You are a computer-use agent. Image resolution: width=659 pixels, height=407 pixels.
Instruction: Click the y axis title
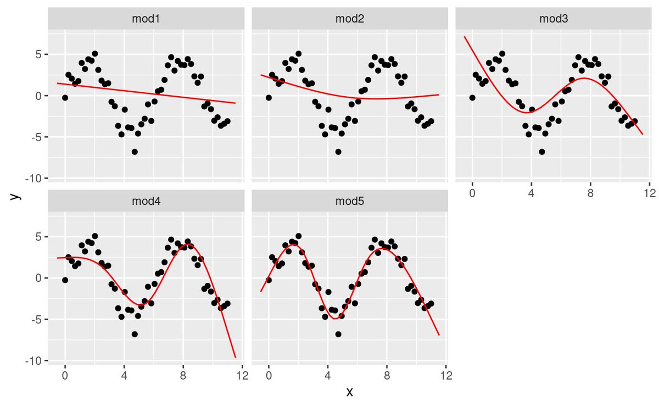tap(17, 195)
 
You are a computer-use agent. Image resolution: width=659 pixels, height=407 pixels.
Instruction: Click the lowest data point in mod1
tap(135, 152)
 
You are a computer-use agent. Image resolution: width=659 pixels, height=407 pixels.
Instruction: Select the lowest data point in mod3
tap(542, 152)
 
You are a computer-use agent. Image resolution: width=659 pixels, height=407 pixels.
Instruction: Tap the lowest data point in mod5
tap(338, 334)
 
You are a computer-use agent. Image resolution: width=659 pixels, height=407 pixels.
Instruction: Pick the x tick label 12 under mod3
tap(649, 193)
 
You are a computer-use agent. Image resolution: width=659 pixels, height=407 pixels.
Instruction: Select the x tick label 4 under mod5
tap(328, 376)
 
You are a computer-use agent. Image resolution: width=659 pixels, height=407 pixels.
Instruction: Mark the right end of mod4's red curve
tap(236, 358)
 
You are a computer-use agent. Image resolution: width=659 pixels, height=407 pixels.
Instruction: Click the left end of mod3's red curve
tap(465, 37)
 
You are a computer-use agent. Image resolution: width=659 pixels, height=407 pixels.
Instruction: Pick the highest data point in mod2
tap(298, 54)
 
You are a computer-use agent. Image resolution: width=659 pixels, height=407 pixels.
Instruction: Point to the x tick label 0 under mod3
tap(472, 193)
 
